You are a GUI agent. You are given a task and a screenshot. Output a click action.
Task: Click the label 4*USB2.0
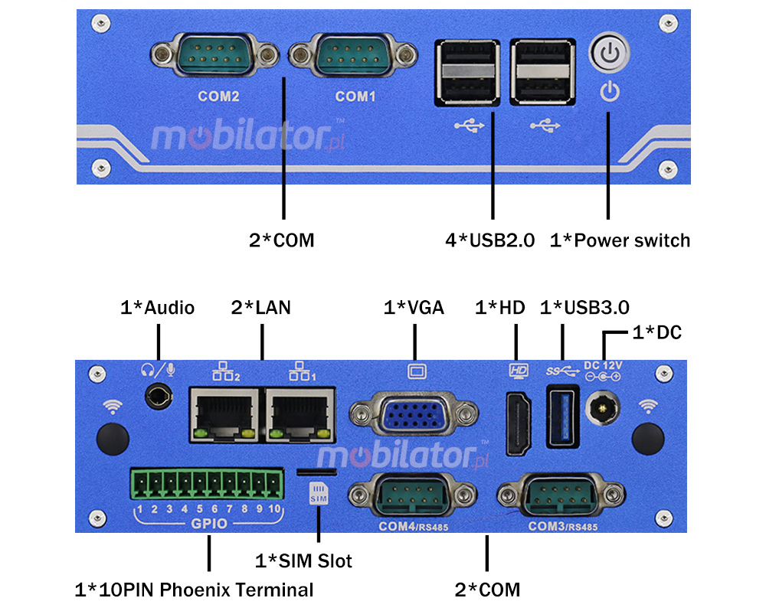click(490, 240)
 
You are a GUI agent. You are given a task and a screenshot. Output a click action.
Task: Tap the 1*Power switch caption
click(620, 240)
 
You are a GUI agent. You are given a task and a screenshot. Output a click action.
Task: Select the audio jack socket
click(159, 397)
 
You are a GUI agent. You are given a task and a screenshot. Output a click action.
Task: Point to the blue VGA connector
click(413, 418)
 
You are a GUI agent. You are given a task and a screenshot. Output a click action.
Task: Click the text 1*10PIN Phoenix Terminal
click(195, 590)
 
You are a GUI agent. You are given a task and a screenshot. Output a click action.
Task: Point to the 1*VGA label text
click(414, 308)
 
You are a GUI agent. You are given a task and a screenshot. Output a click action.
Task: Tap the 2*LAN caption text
click(260, 308)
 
